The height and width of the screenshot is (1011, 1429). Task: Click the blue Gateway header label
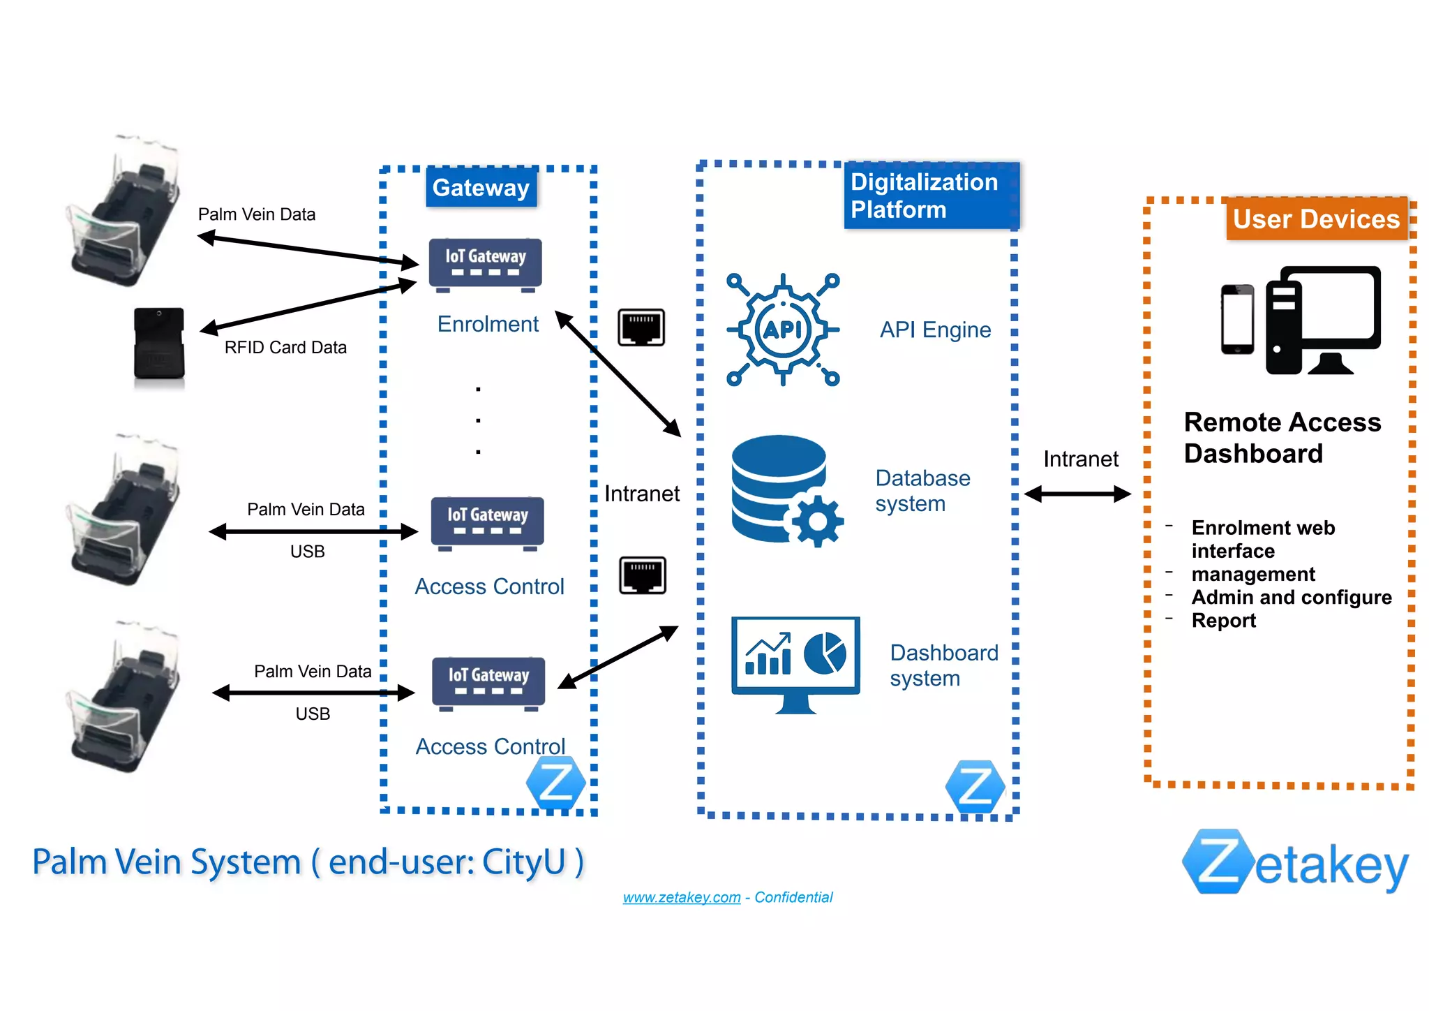481,187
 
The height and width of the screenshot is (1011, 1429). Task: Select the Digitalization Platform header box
930,195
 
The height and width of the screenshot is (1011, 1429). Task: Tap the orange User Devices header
1316,219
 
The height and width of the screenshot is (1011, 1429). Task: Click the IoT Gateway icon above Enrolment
486,264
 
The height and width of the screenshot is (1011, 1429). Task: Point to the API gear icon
783,330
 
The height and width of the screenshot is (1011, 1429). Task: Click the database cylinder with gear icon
785,490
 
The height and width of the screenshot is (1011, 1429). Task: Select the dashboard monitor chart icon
795,663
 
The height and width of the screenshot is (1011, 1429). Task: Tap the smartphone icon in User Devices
1237,320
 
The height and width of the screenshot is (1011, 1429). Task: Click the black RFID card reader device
159,344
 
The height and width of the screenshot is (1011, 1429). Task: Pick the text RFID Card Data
285,348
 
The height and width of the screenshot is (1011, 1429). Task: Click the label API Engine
935,330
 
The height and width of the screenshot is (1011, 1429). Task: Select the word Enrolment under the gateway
488,324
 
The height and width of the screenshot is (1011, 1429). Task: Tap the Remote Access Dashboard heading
1282,438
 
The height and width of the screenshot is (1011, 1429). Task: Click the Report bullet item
1223,621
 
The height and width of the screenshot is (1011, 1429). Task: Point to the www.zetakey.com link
681,897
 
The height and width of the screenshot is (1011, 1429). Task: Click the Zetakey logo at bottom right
1295,863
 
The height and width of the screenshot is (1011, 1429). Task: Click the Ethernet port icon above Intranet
641,327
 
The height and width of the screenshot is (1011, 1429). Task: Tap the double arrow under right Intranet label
1077,494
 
